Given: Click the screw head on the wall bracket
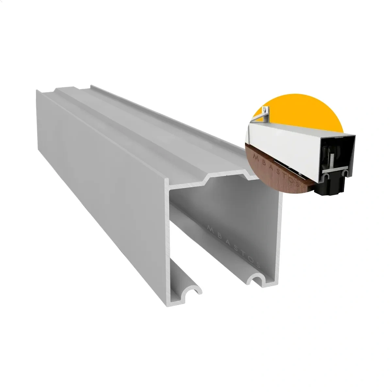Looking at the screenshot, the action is pyautogui.click(x=264, y=109).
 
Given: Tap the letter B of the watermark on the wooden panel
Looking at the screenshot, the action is pyautogui.click(x=262, y=161).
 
